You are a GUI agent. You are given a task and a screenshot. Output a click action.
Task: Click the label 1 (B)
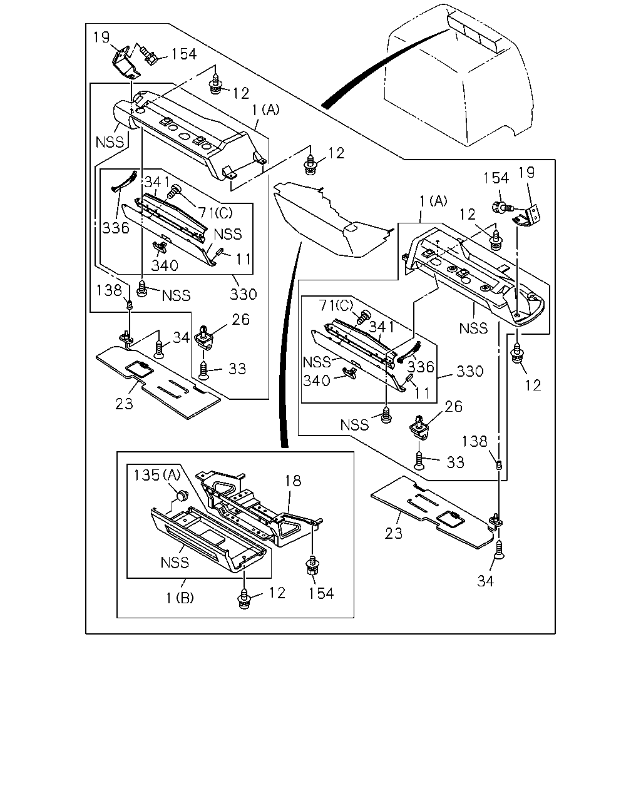180,598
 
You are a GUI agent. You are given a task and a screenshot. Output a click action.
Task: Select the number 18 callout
293,481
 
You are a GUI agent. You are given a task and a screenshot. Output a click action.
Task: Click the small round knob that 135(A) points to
182,495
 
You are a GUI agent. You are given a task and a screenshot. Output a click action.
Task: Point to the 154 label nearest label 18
320,593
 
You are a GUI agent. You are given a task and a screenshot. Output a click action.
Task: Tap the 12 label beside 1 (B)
277,593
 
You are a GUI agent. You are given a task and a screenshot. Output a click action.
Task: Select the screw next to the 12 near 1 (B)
244,598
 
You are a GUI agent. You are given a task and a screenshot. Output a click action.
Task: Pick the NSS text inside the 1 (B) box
175,562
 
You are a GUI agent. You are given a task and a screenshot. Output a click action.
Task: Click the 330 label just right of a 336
469,371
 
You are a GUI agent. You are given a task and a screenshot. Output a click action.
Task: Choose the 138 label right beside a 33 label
474,441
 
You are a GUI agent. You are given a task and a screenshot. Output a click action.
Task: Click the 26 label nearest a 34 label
240,319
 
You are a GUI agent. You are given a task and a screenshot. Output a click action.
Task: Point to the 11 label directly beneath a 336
422,394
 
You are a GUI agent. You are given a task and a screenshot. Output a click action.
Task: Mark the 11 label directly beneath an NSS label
244,258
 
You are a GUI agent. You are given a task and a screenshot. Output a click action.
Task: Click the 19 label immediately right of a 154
526,172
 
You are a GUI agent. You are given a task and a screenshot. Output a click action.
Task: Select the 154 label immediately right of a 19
183,54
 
